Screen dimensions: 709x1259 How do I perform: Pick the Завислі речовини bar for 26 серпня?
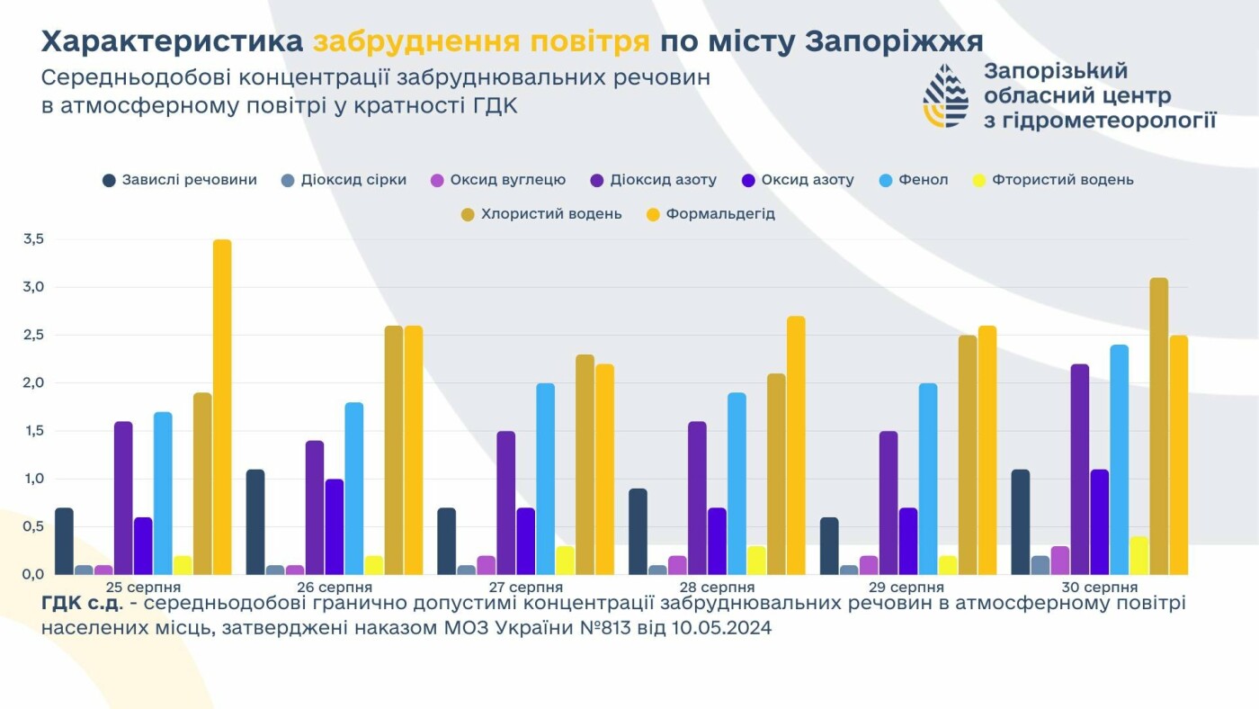pyautogui.click(x=255, y=522)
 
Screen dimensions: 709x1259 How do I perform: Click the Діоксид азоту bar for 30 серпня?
pyautogui.click(x=1079, y=469)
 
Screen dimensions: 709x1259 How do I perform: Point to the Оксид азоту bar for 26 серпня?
pyautogui.click(x=335, y=526)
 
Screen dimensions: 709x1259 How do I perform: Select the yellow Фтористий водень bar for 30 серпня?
pyautogui.click(x=1138, y=555)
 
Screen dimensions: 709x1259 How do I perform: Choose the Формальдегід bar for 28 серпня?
pyautogui.click(x=795, y=445)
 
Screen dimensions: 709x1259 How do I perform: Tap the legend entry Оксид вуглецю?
pyautogui.click(x=507, y=180)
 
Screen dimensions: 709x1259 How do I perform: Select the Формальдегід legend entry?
pyautogui.click(x=719, y=214)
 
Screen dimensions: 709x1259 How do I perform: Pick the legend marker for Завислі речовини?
pyautogui.click(x=110, y=180)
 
